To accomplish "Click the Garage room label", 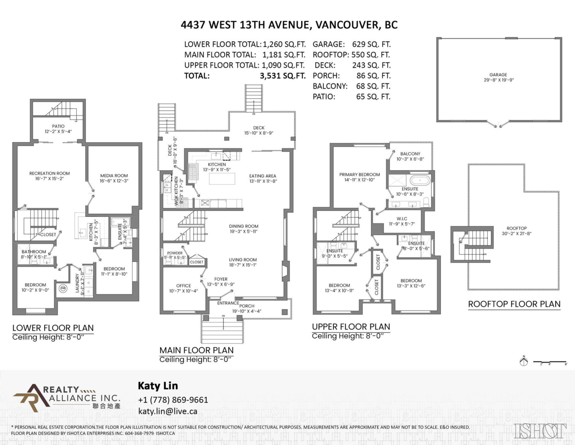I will coord(498,75).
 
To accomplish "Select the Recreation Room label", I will coord(49,173).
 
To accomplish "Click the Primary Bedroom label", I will coord(359,175).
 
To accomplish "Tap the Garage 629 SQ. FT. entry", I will coord(351,43).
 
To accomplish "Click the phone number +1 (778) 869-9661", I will coord(172,400).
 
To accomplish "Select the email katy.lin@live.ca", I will coord(168,411).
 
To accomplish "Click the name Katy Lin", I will coord(154,386).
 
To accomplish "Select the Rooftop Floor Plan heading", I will coord(514,304).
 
